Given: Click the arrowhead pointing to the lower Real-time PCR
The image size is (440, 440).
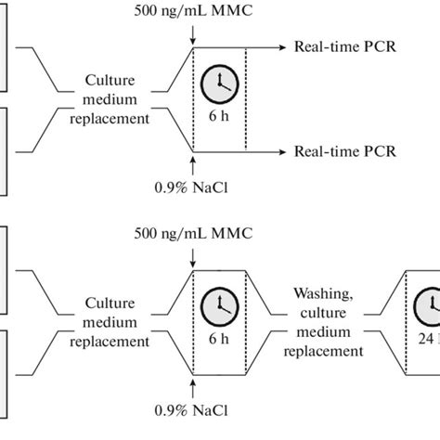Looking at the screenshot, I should [x=281, y=151].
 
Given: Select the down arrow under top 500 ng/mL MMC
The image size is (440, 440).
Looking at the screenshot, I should [x=192, y=35].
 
